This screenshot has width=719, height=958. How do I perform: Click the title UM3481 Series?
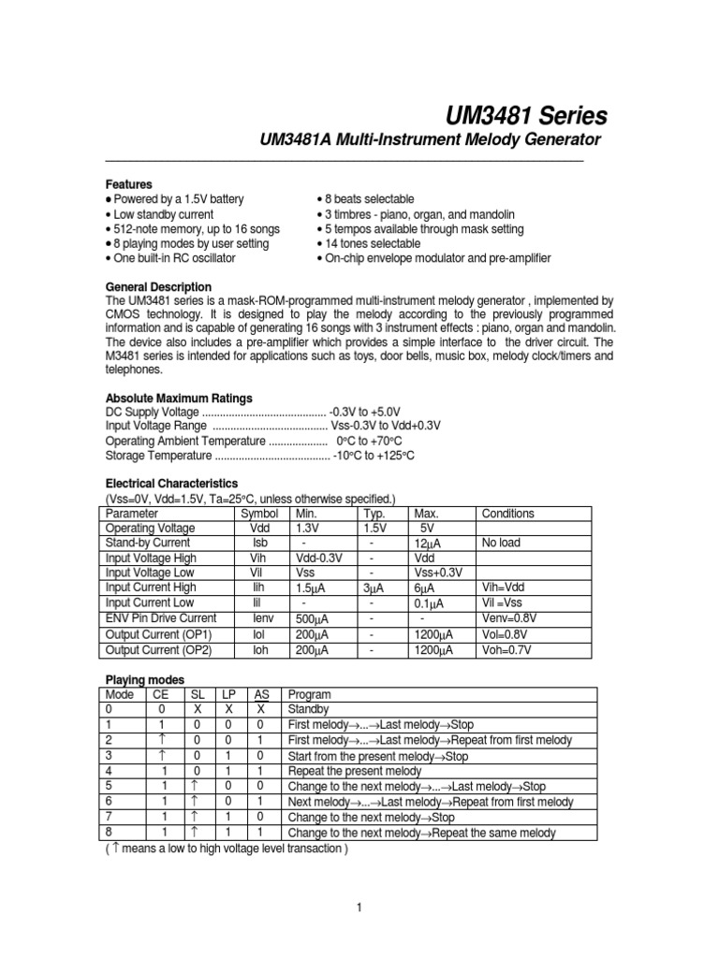[526, 115]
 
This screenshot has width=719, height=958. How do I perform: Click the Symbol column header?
[259, 514]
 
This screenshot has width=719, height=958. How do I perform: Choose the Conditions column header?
[507, 514]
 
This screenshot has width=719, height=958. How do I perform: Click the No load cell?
[504, 543]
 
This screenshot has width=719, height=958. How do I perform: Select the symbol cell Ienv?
[259, 618]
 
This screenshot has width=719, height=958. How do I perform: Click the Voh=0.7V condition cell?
[509, 649]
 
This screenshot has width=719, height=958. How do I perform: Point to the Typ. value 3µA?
[373, 588]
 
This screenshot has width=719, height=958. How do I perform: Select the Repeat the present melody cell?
[357, 771]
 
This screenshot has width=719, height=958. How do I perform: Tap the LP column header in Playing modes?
[227, 695]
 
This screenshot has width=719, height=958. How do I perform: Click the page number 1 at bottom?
[359, 907]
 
